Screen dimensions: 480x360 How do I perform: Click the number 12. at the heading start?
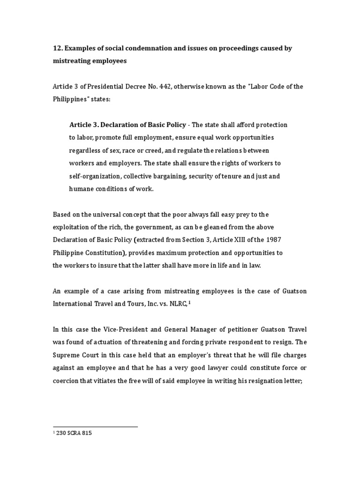(x=57, y=49)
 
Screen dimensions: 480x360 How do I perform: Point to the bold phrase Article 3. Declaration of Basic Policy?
(x=127, y=125)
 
